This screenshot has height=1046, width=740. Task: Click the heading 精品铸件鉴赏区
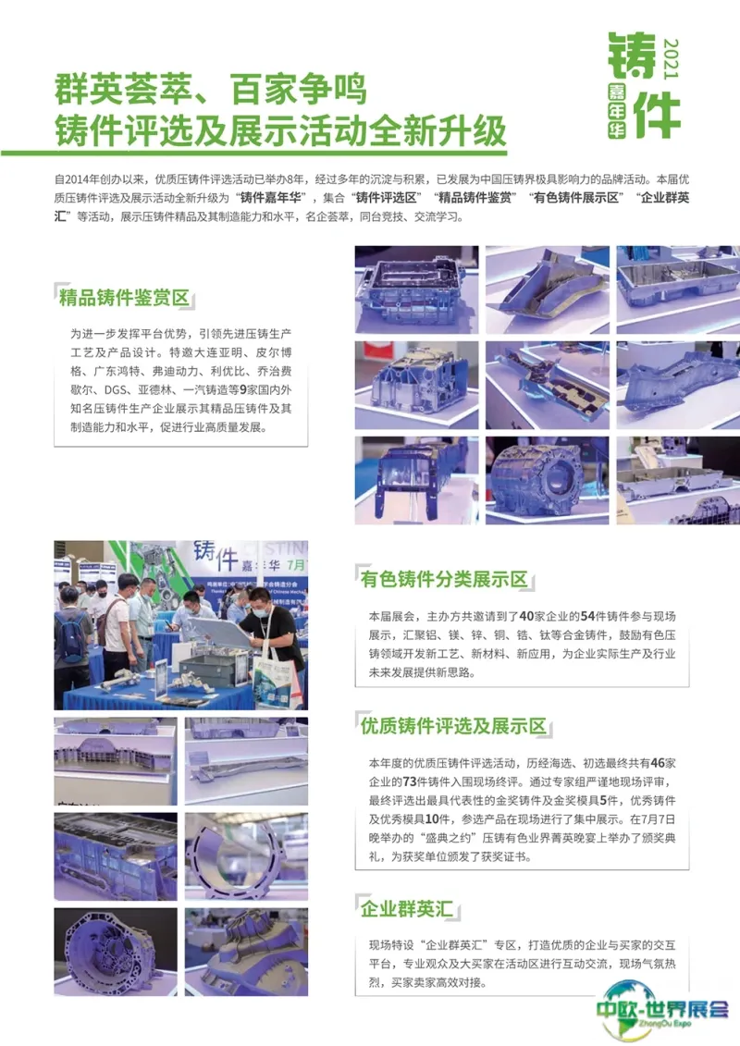(124, 298)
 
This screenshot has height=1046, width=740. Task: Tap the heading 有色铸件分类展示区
(444, 579)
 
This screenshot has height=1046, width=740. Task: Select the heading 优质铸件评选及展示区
(453, 726)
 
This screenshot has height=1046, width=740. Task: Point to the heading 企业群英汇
(406, 908)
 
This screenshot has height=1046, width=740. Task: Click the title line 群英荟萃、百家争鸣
(210, 90)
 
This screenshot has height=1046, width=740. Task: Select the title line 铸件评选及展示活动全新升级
(280, 130)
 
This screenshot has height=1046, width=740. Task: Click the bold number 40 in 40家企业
(526, 616)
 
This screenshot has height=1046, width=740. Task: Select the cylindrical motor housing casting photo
(548, 480)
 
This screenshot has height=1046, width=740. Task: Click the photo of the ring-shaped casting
(246, 856)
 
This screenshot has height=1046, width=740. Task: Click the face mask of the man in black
(260, 610)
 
